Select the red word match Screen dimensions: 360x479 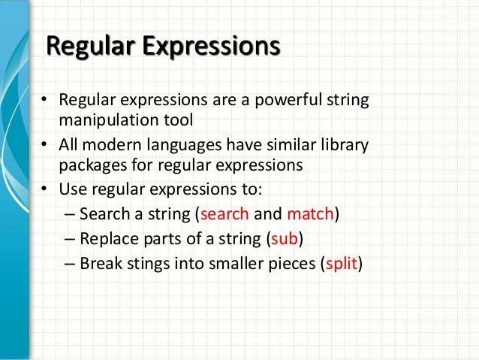pyautogui.click(x=310, y=214)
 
